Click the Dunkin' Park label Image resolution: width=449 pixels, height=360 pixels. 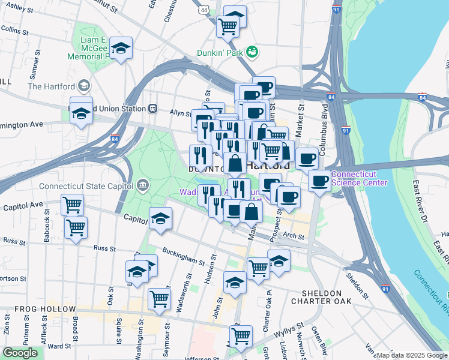click(221, 53)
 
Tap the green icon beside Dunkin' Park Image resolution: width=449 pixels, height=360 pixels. click(253, 52)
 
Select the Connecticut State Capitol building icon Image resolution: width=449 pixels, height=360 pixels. click(142, 185)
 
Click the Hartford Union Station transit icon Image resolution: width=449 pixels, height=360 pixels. click(153, 109)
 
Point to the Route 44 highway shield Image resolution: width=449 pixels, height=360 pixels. click(205, 10)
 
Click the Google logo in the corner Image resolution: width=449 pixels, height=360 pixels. click(20, 353)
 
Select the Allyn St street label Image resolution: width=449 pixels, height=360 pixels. click(179, 112)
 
